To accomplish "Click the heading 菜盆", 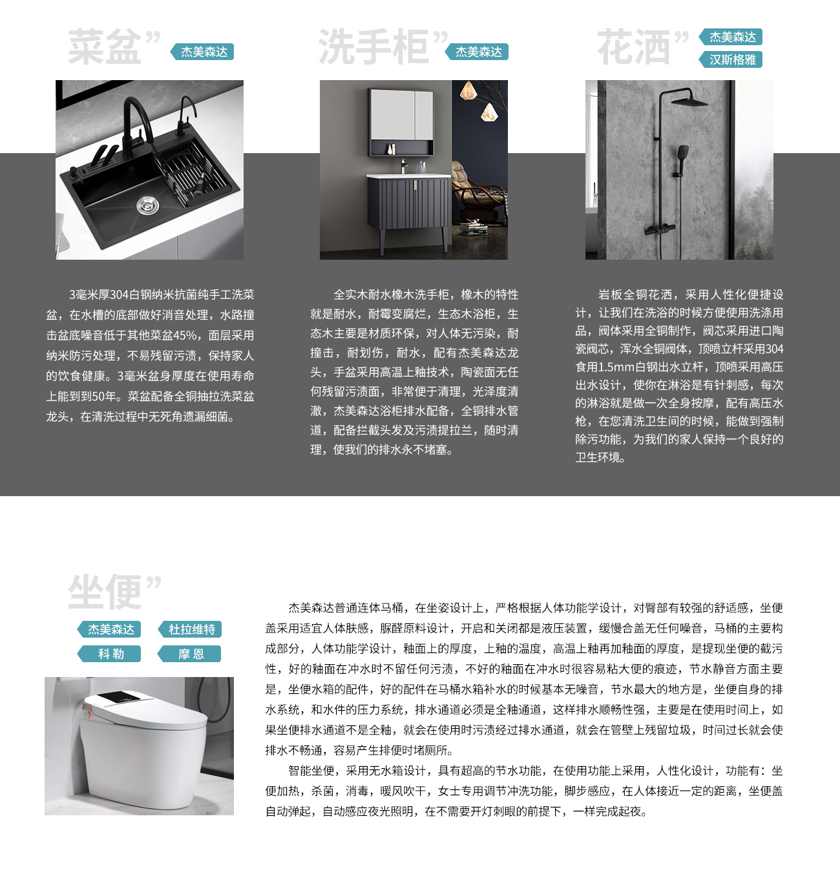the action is click(104, 47).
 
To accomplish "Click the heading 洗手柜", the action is click(373, 47).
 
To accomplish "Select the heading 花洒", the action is click(633, 47).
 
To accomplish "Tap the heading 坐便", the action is click(104, 592).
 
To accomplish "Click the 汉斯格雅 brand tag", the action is click(731, 59).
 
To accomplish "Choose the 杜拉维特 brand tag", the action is click(190, 629).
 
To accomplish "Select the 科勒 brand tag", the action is click(109, 654).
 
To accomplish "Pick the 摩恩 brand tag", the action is click(189, 654).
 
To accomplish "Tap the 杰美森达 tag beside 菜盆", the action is click(202, 52).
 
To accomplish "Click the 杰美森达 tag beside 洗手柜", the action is click(477, 52).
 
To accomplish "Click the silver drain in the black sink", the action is click(147, 205).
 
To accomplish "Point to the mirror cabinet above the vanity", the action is click(401, 122).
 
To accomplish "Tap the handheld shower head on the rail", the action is click(682, 155).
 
